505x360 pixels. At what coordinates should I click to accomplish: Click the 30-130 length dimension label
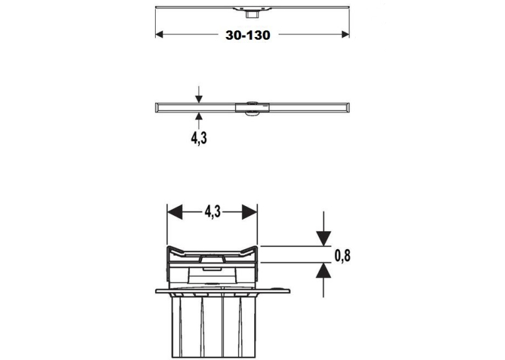[x=248, y=35]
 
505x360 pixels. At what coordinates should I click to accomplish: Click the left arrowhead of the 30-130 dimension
[x=159, y=34]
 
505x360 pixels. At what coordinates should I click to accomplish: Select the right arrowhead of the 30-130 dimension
[x=345, y=34]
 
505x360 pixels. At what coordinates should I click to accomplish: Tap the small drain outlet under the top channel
[x=250, y=14]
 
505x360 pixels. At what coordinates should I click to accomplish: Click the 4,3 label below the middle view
[x=199, y=138]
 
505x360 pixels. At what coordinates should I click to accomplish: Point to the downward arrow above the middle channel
[x=199, y=94]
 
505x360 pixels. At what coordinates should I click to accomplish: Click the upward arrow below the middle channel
[x=199, y=120]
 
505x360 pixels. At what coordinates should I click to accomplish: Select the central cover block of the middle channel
[x=252, y=108]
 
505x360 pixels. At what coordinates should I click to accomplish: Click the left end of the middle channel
[x=156, y=108]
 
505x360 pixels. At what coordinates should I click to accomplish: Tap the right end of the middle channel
[x=349, y=108]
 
